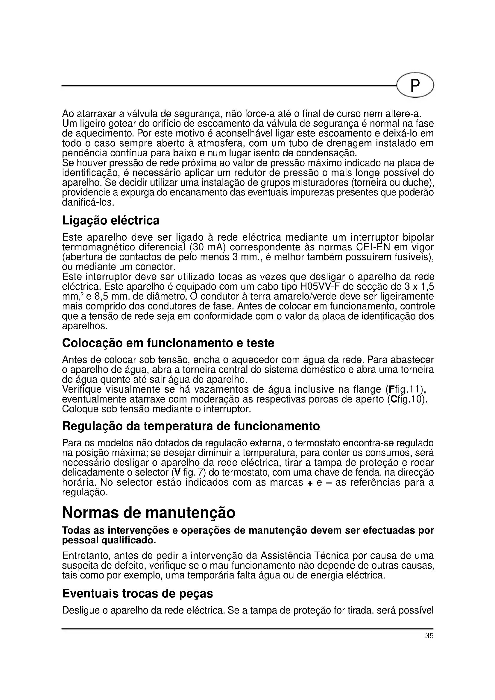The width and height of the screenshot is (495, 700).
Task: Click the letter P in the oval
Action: pyautogui.click(x=415, y=86)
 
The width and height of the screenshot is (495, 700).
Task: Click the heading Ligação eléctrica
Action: pyautogui.click(x=111, y=221)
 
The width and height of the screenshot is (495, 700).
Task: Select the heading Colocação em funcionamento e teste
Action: pyautogui.click(x=168, y=343)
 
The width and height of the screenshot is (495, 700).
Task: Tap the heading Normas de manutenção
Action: pyautogui.click(x=148, y=513)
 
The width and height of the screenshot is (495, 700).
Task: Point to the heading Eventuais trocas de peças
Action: pyautogui.click(x=137, y=593)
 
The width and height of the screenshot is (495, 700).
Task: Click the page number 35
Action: pyautogui.click(x=429, y=636)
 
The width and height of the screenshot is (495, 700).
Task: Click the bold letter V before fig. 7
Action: pyautogui.click(x=175, y=473)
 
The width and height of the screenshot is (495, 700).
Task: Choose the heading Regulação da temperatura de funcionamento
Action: pyautogui.click(x=191, y=426)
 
